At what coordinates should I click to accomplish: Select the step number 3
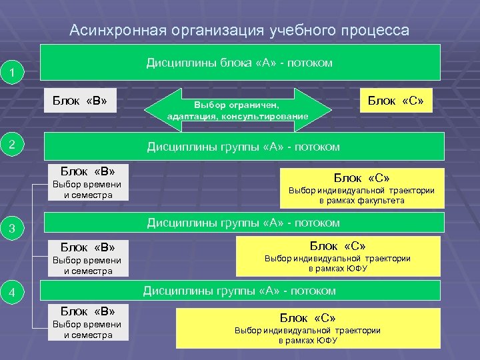pos(12,229)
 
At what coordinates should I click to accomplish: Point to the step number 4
pos(12,292)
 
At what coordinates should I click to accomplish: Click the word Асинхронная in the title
pos(116,31)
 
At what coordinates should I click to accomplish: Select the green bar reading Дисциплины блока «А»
pos(240,63)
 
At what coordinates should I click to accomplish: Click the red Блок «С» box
pos(396,101)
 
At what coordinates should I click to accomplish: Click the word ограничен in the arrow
pos(258,105)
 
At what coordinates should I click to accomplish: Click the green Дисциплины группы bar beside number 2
pos(243,147)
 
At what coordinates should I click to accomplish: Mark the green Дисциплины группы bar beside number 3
pos(243,223)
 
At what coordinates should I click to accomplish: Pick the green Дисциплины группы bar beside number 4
pos(240,291)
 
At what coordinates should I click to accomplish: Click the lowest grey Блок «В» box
pos(88,322)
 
